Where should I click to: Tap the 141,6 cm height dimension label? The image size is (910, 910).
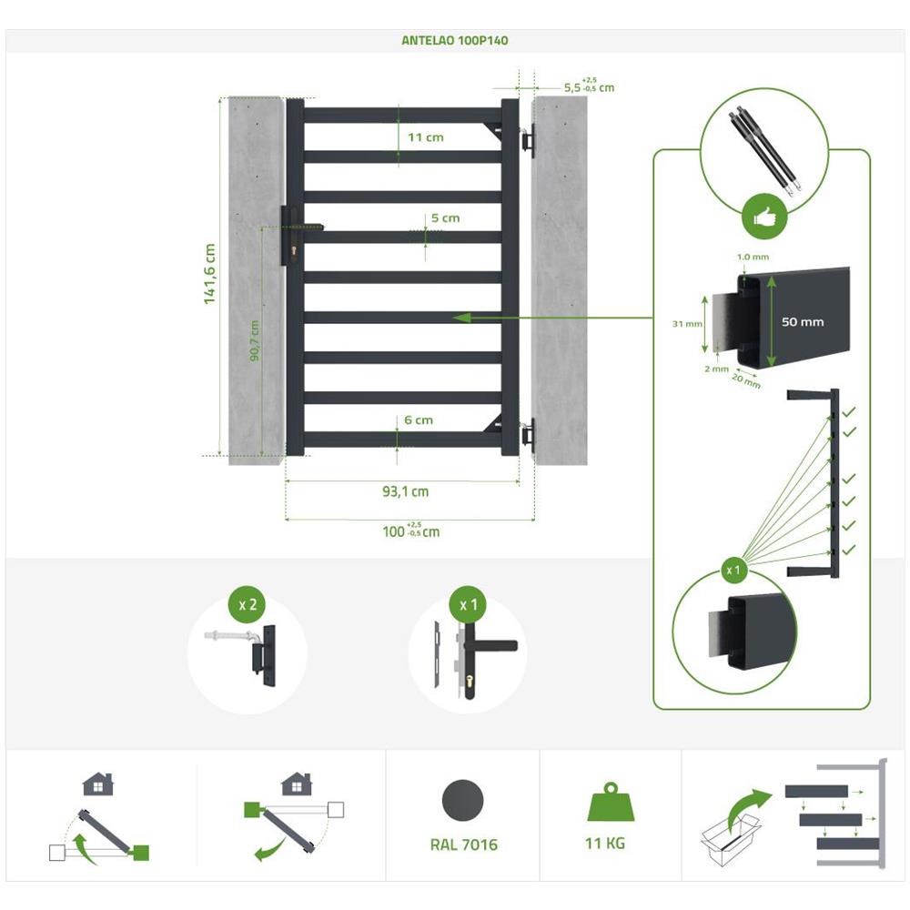click(210, 274)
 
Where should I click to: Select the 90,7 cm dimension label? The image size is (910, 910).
click(255, 340)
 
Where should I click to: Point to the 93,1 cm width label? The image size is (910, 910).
click(405, 491)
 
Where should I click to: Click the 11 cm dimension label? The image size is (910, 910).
click(425, 137)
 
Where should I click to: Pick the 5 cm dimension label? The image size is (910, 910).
click(445, 218)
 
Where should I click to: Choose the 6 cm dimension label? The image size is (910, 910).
click(418, 420)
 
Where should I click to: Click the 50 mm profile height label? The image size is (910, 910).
click(802, 322)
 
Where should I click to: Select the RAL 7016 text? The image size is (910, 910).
click(464, 844)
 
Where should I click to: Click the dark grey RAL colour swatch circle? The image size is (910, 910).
click(464, 801)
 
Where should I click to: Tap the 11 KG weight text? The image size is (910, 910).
click(604, 844)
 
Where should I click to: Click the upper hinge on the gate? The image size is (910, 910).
click(527, 141)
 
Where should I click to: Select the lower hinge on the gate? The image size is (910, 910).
click(527, 434)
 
